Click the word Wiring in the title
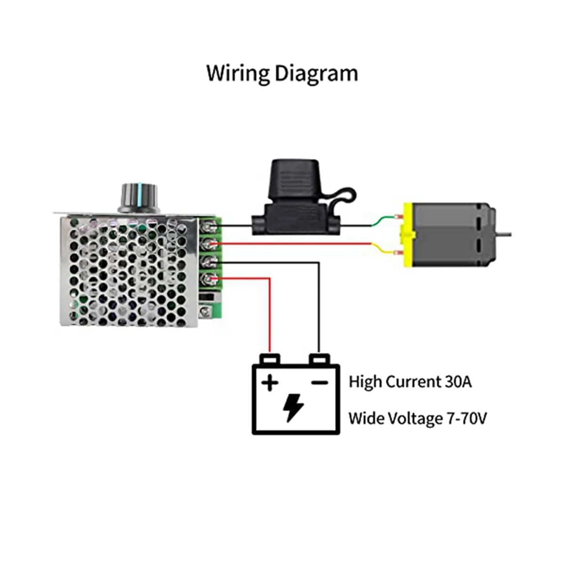(x=237, y=73)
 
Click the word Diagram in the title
(x=316, y=74)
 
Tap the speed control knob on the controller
(x=139, y=198)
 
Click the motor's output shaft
(x=504, y=234)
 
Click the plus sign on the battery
(x=269, y=383)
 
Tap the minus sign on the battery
(x=319, y=382)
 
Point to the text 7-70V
(x=467, y=418)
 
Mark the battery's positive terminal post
(x=270, y=359)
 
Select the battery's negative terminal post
(x=319, y=359)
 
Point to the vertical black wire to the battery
(x=319, y=307)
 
